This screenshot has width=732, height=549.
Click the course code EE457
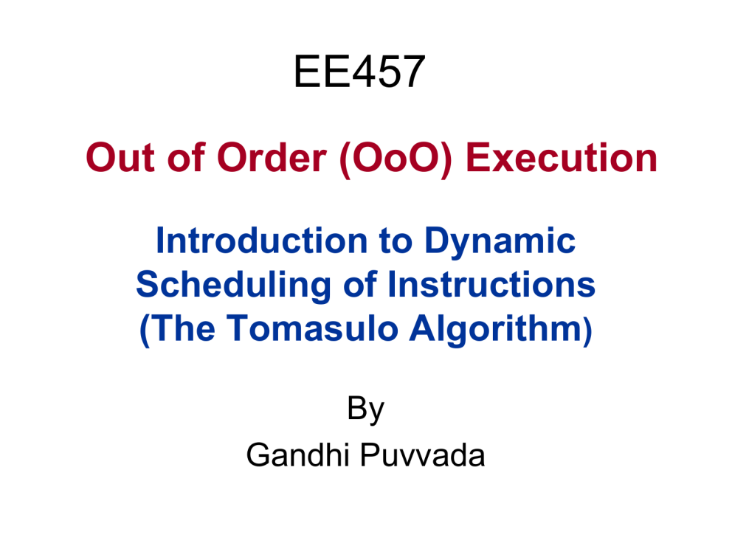coord(359,72)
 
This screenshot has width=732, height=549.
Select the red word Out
coord(120,158)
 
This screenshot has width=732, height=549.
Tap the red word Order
coord(272,158)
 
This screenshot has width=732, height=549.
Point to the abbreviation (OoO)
coord(396,159)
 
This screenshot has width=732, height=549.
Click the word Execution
coord(562,158)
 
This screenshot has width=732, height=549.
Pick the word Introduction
coord(261,241)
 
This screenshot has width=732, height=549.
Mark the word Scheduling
coord(233,286)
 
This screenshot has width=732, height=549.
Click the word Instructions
coord(491,284)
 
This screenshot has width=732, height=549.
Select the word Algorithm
coord(497,330)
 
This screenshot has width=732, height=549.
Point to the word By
coord(365,410)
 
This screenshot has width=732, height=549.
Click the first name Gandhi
coord(298,455)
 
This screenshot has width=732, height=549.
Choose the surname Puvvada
coord(423,455)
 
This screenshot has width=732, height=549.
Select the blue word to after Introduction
coord(396,242)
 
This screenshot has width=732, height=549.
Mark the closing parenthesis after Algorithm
coord(588,331)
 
